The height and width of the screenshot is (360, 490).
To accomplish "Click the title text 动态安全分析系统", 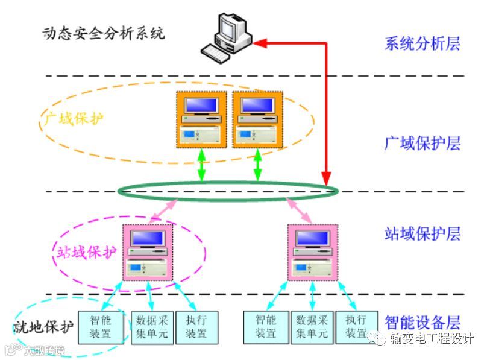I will (x=103, y=33).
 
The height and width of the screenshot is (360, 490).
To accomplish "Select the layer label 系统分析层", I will (x=422, y=43).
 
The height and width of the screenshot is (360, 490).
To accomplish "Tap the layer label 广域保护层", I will (x=422, y=144).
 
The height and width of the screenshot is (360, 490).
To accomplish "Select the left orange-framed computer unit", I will (x=201, y=119).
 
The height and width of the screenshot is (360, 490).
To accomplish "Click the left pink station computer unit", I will (x=148, y=252).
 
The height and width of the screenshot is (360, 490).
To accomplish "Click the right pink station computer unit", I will (x=312, y=252).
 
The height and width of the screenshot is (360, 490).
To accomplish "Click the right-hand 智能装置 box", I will (x=265, y=327).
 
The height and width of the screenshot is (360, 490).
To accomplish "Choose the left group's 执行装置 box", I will (x=196, y=327).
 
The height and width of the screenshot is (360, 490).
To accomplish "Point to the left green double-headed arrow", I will (x=201, y=165).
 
